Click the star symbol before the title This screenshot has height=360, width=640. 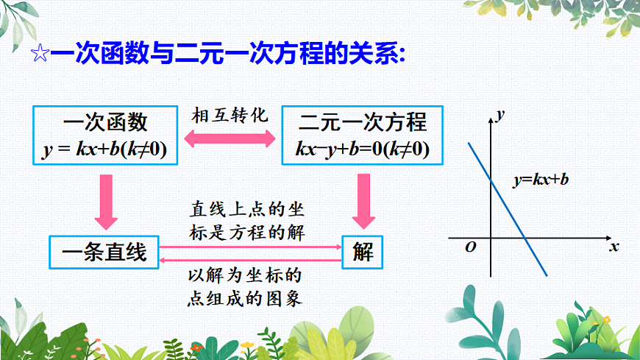coord(40,54)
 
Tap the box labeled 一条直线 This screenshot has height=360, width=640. coord(104,253)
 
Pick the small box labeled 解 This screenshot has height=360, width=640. coord(363,253)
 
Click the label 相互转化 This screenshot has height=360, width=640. coord(230,116)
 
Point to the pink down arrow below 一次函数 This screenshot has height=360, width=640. coord(105,200)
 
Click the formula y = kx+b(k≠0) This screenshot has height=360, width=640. coord(105,149)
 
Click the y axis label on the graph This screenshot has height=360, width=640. coord(501,114)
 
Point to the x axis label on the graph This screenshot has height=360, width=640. coord(613,247)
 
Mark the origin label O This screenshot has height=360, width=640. coord(470,247)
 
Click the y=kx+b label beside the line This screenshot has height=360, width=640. coord(541,180)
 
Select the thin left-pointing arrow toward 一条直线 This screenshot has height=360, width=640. coord(250,259)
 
